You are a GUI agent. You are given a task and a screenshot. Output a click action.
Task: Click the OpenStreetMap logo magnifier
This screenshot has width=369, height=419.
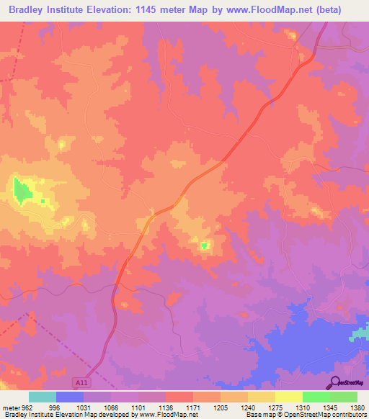334,382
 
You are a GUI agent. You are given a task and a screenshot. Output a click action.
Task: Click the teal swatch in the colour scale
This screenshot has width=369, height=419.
43,397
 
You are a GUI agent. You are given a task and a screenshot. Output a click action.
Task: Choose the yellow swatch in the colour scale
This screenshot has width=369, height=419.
289,397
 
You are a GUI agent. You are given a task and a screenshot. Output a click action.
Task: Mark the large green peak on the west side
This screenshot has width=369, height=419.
22,191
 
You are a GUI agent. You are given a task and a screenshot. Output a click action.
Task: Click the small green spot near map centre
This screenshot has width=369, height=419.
203,246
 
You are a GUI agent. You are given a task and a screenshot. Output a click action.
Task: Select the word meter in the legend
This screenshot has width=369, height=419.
12,406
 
